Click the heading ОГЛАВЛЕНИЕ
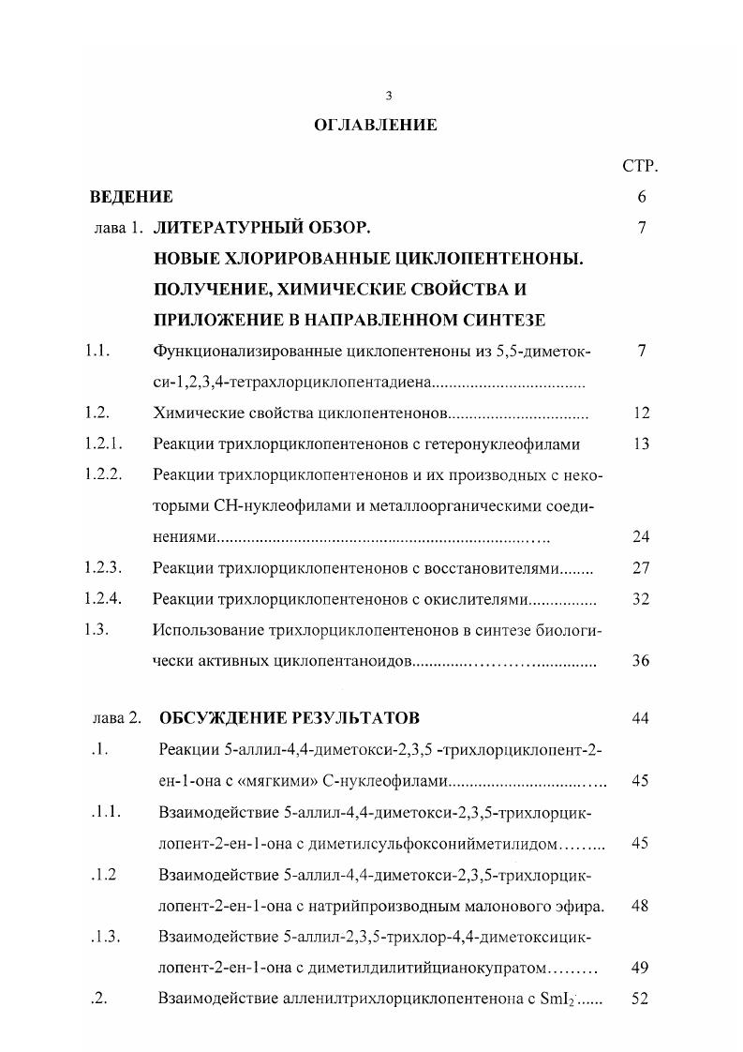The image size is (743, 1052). click(x=375, y=125)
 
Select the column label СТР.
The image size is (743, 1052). click(x=641, y=166)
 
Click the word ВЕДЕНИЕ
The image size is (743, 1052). click(x=131, y=197)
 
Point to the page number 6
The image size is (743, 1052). click(x=642, y=197)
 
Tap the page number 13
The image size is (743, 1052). click(x=641, y=443)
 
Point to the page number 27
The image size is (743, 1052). click(x=641, y=567)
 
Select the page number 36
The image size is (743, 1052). click(x=641, y=660)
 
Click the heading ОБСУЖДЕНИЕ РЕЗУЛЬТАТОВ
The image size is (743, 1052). click(x=290, y=718)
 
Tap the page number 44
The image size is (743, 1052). click(x=641, y=718)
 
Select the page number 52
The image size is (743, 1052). click(x=641, y=999)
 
